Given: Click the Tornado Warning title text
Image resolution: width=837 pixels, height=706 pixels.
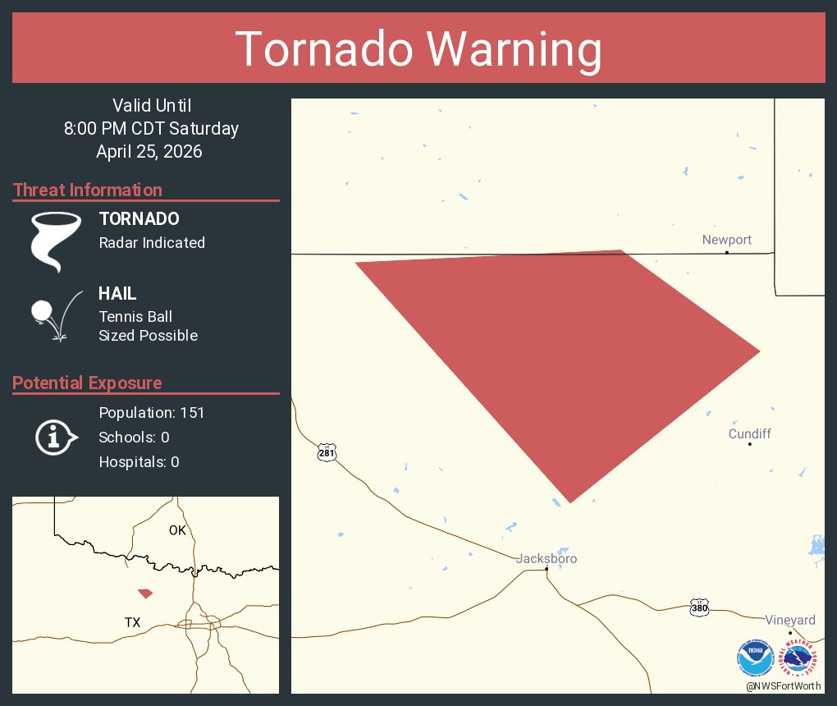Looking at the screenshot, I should click(418, 49).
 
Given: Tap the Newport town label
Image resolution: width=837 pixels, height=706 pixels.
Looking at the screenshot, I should click(726, 240).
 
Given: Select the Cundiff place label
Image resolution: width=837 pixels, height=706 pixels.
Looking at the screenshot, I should click(749, 433).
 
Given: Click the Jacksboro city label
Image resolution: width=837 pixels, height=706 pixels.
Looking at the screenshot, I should click(547, 558).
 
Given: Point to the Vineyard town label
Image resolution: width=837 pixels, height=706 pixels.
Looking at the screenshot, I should click(790, 620).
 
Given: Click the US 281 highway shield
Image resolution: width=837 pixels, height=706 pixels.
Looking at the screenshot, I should click(327, 452).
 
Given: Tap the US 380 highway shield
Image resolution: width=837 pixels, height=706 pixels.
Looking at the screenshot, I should click(698, 607).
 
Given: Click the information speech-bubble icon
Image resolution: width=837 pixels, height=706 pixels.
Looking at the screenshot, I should click(55, 437).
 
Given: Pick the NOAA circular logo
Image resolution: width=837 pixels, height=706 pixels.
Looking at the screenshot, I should click(755, 658).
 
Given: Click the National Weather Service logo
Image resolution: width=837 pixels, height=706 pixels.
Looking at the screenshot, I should click(799, 658).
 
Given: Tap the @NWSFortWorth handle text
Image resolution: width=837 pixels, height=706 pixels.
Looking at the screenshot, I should click(784, 685).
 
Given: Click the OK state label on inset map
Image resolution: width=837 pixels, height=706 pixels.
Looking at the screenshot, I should click(177, 529).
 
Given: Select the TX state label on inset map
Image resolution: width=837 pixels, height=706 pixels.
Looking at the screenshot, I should click(132, 622).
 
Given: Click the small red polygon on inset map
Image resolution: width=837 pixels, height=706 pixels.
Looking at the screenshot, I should click(145, 593).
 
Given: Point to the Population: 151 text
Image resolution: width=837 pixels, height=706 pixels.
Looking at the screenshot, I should click(151, 412).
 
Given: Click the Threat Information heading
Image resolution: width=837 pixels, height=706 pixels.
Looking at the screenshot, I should click(88, 190).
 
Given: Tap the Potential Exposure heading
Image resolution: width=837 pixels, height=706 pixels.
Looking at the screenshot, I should click(87, 383).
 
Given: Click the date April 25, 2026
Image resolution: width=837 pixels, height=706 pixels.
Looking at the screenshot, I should click(149, 151).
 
